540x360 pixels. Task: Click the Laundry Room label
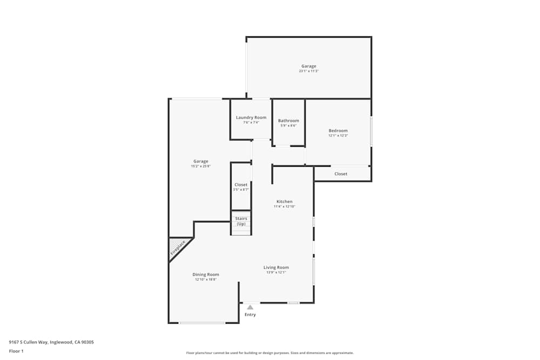coord(251,118)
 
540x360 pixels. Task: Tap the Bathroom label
coord(288,121)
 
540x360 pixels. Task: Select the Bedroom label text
coord(338,131)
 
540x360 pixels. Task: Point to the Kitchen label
coord(284,201)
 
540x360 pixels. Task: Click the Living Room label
coord(276,267)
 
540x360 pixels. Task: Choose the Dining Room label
coord(206,274)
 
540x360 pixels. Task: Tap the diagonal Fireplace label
coord(178,247)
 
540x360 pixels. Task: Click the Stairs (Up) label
coord(241,221)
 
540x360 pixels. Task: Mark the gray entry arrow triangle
coord(250,307)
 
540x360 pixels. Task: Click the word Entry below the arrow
coord(250,315)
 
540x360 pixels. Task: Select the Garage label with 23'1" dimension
coord(309,66)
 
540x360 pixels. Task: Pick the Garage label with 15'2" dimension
coord(201,161)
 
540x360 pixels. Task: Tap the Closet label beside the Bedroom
coord(341,174)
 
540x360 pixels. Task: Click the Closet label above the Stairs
coord(241,185)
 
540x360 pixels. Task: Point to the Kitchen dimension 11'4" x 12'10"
coord(284,207)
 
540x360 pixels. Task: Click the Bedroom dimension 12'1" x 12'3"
coord(338,135)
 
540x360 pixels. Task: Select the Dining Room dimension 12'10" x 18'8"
coord(206,280)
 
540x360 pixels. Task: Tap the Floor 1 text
coord(16,351)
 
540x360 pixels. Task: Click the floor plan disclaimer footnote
coord(270,353)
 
